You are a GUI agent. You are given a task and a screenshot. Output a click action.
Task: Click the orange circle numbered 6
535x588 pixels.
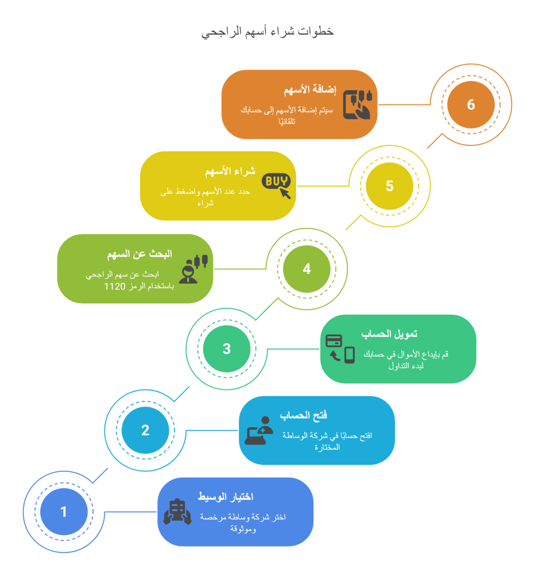471,105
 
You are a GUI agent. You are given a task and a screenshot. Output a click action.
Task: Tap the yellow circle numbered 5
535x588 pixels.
390,186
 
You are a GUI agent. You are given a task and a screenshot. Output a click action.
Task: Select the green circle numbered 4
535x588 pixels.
307,269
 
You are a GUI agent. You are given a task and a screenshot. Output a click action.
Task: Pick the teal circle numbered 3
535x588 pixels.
226,349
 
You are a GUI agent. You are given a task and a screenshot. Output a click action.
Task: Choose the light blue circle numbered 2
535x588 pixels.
145,430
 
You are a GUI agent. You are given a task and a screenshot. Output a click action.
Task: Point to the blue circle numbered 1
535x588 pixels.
64,512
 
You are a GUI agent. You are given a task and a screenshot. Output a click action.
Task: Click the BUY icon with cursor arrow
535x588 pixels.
276,185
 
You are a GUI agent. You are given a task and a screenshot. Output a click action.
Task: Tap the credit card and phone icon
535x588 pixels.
340,349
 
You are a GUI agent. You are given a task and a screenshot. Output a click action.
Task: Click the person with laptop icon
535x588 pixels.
259,431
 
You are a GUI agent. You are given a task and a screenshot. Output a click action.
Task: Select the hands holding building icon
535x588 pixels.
177,512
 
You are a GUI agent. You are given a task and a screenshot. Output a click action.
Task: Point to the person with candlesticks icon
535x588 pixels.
193,269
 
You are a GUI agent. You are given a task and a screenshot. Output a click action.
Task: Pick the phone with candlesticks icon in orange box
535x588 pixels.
358,105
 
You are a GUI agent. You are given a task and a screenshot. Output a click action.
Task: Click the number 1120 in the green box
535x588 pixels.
115,287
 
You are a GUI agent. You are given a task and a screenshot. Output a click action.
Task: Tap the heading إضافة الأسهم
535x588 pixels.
309,90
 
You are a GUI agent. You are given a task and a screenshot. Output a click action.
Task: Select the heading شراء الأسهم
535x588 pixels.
230,171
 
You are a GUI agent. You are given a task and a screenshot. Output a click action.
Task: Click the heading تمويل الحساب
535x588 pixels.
389,334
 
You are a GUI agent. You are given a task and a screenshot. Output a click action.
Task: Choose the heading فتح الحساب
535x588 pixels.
303,415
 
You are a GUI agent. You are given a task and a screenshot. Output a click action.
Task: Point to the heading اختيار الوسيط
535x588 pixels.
226,497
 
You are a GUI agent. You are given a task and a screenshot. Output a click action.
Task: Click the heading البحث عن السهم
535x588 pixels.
139,254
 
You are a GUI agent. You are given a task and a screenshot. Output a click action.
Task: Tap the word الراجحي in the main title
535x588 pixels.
221,32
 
